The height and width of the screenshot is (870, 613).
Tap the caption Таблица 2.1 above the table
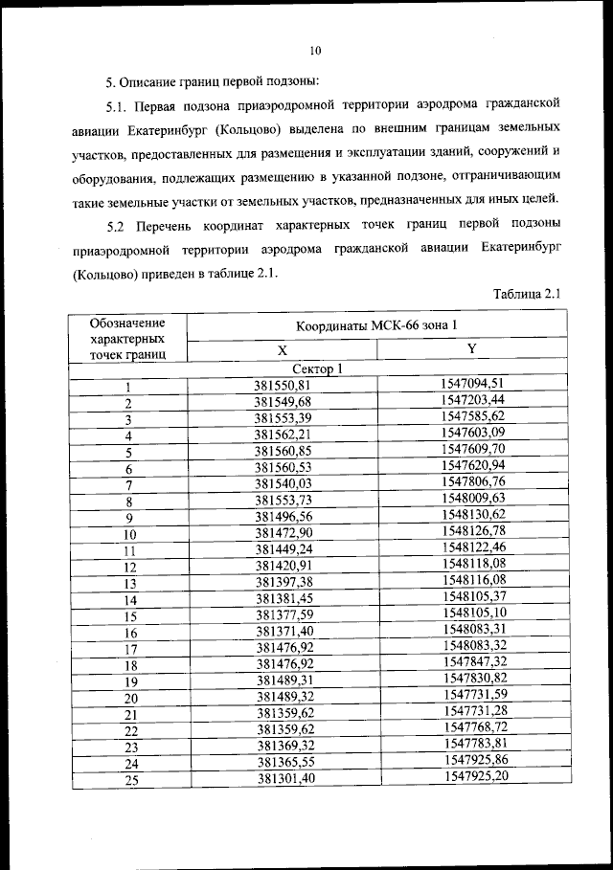[x=528, y=295]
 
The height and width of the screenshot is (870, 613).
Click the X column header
[x=283, y=351]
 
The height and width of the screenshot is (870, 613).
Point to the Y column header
[x=472, y=349]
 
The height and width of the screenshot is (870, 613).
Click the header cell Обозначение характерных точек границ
[x=127, y=338]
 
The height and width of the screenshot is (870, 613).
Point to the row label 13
[x=129, y=583]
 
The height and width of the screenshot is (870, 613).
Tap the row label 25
[x=129, y=780]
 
